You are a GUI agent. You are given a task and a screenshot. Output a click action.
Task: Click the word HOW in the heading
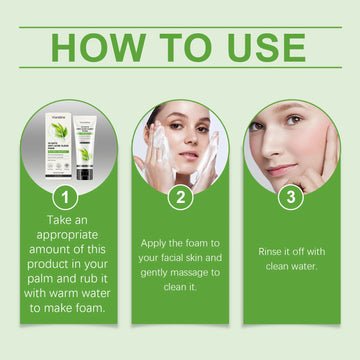97,46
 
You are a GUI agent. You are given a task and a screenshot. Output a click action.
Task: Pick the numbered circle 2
181,199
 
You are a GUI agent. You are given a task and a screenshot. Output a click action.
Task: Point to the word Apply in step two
156,244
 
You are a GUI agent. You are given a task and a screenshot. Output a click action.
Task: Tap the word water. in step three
306,267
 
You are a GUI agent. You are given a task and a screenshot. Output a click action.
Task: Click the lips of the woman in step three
281,169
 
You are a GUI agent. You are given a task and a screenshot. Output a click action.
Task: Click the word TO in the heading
186,46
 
